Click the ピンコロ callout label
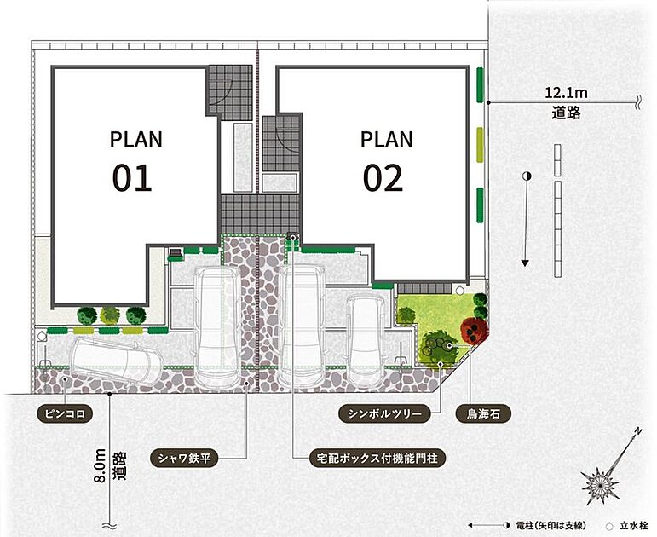coord(65,413)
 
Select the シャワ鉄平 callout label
coord(184,459)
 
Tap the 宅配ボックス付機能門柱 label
coord(374,459)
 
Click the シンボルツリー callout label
coord(384,413)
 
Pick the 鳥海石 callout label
coord(483,413)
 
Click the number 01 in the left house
coord(132,178)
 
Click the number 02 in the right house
coord(383,178)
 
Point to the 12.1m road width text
coord(566,92)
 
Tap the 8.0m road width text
coord(101,466)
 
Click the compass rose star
coord(601,485)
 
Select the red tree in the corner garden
coord(475,330)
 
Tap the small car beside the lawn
coord(365,340)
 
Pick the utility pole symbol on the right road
coord(527,176)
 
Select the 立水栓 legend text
coord(633,525)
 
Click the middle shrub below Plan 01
coord(110,315)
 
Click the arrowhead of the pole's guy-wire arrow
coord(525,263)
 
